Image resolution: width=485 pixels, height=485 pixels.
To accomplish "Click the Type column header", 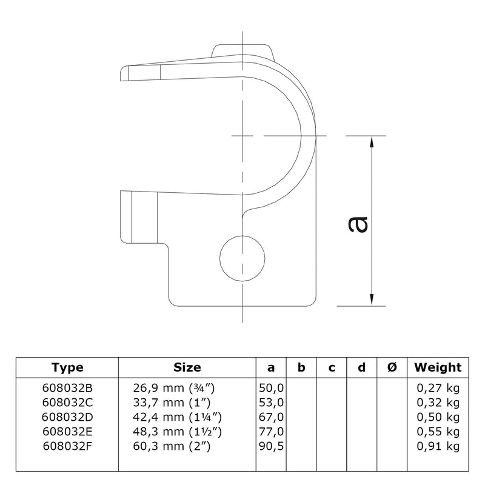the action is click(x=67, y=367).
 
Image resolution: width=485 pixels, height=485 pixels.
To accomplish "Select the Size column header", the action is click(x=187, y=367).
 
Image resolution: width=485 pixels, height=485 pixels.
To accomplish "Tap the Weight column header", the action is click(x=438, y=367).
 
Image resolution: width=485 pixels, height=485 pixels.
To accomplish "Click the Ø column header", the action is click(x=392, y=367).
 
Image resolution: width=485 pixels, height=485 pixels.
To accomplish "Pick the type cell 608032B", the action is click(x=67, y=388).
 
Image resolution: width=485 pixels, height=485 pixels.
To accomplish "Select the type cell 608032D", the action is click(x=67, y=417).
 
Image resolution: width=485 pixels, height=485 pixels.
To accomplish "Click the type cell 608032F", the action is click(x=67, y=446).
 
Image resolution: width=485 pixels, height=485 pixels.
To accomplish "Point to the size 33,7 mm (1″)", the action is click(x=172, y=403).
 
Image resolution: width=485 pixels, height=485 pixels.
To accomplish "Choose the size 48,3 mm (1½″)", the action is click(x=177, y=432).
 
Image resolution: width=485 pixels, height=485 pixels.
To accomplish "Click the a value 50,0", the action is click(x=271, y=388).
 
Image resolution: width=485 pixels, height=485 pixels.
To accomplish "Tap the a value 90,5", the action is click(x=271, y=446).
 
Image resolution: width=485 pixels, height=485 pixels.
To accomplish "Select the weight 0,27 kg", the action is click(x=438, y=388).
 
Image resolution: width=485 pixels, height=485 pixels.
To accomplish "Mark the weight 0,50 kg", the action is click(x=438, y=417).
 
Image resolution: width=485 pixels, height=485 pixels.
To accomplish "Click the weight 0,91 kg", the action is click(x=438, y=446).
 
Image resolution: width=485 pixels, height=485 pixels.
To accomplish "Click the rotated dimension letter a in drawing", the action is click(x=358, y=224).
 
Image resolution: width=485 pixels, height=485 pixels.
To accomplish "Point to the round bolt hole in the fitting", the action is click(x=242, y=258).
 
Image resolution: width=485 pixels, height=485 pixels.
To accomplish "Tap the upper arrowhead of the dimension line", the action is click(x=372, y=142).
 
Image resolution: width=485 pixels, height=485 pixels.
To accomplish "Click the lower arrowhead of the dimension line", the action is click(x=372, y=299).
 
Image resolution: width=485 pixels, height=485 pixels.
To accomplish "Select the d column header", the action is click(x=361, y=367).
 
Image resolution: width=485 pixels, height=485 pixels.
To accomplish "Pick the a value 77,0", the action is click(x=271, y=432).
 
